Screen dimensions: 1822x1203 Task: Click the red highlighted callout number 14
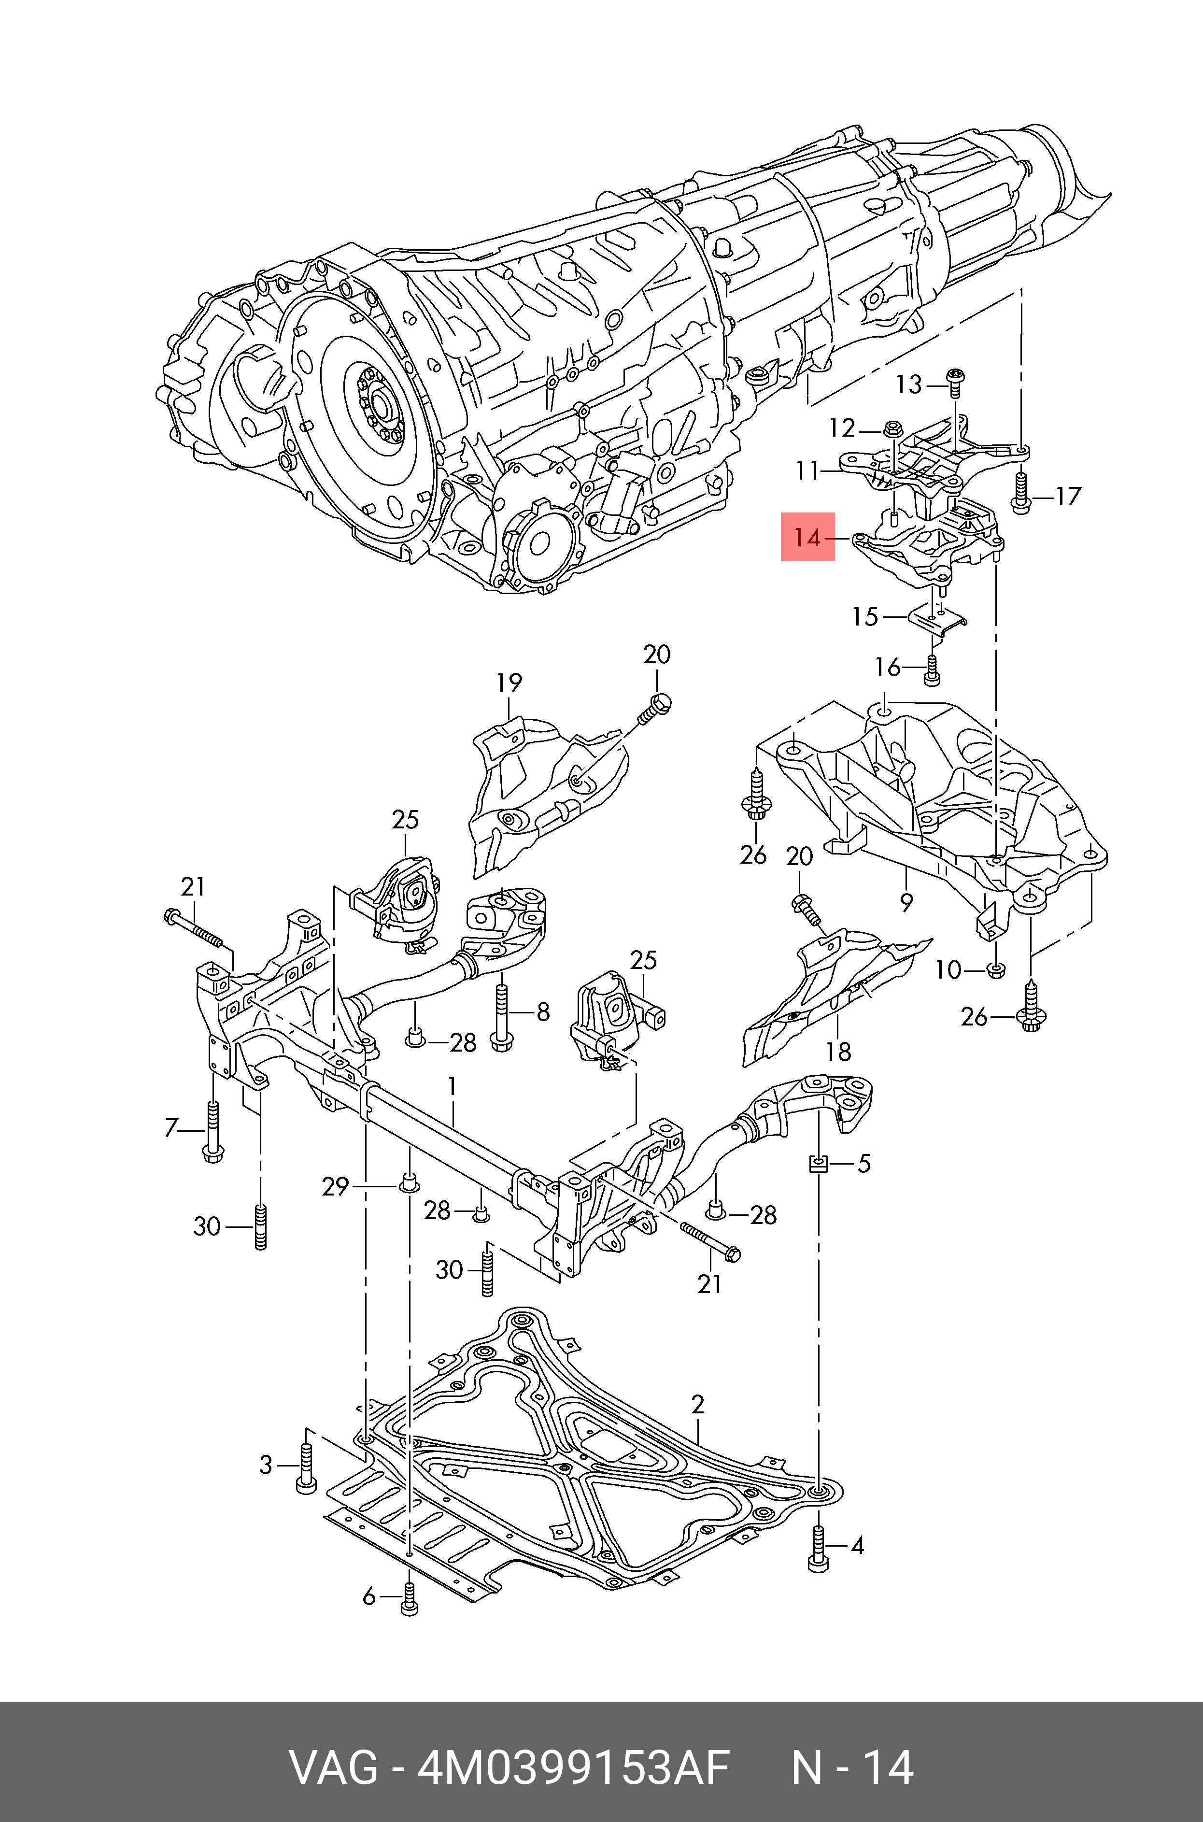click(807, 538)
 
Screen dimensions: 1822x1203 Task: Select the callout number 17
click(1067, 497)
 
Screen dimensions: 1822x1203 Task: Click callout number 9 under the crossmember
click(907, 902)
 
